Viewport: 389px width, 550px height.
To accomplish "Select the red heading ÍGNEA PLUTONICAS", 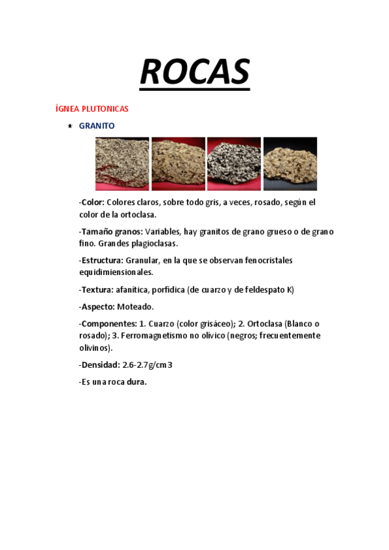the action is point(92,108).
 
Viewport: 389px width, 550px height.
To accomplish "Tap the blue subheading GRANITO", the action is point(97,126).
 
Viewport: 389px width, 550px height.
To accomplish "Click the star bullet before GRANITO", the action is point(69,126).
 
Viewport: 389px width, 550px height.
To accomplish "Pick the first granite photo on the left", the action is point(122,163).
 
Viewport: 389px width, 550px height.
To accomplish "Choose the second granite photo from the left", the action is point(178,163).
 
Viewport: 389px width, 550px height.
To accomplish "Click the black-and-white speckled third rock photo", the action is point(234,163).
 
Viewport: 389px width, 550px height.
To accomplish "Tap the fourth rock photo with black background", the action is point(290,163).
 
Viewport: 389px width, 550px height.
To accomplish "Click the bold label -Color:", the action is point(92,202).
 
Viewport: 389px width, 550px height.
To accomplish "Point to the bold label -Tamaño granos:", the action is point(110,232).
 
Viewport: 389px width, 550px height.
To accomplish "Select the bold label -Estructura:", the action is point(101,260).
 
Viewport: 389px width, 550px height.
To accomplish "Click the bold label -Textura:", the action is point(97,289).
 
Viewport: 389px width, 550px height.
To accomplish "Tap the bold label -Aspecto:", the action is point(97,306).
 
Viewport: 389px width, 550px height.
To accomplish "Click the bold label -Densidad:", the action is point(99,365).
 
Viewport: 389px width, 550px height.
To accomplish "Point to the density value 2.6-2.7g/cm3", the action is point(147,365).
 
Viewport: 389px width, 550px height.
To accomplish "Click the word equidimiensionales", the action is point(116,272).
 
